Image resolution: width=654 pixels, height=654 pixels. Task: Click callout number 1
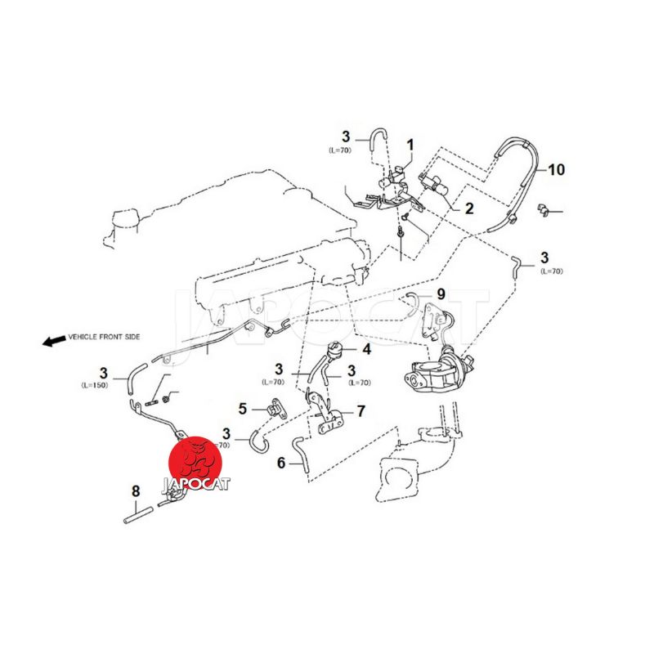coord(410,145)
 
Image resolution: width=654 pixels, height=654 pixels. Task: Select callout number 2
coord(468,208)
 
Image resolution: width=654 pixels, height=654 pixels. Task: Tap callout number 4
coord(366,349)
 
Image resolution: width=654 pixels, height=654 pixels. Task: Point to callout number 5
coord(243,407)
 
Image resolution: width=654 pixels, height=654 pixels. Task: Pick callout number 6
coord(281,463)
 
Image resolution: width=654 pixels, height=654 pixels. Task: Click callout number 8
coord(136,491)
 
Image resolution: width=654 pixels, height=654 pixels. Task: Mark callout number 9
coord(441,293)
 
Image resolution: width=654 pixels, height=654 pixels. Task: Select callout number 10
coord(556,170)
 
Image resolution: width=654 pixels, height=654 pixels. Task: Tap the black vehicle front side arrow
coord(53,340)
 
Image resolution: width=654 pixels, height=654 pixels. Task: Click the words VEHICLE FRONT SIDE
coord(105,337)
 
